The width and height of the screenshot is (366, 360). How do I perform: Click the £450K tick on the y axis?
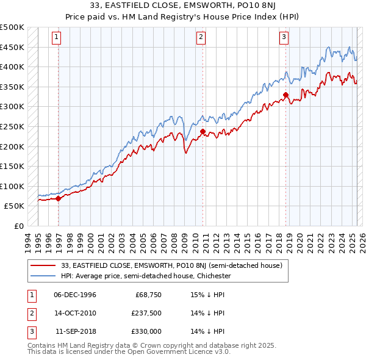point(13,47)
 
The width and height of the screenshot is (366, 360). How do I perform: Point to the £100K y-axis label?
point(13,186)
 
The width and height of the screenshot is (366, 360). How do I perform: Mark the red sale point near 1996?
point(58,198)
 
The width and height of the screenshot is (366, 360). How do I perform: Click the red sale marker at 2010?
point(203,131)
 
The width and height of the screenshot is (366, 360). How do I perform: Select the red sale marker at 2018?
point(285,95)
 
